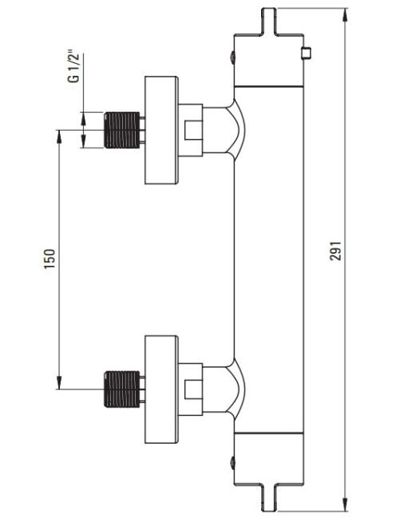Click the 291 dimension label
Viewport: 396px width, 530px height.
tap(336, 251)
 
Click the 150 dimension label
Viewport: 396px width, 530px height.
tap(49, 259)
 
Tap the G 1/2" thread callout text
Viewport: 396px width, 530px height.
tap(73, 66)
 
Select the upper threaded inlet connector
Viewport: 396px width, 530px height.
tap(121, 130)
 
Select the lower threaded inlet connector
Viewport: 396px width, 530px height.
tap(121, 389)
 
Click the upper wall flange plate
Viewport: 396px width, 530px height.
tap(161, 130)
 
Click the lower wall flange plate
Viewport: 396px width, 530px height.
tap(161, 390)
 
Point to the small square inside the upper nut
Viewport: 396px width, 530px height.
tap(193, 130)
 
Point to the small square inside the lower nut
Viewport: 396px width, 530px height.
tap(193, 390)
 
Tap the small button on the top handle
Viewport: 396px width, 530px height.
tap(307, 53)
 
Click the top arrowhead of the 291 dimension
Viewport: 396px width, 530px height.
tap(345, 14)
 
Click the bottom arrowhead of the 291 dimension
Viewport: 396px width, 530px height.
tap(345, 504)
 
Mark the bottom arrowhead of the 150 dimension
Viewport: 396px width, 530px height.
tap(59, 382)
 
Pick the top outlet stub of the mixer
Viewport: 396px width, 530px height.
tap(269, 21)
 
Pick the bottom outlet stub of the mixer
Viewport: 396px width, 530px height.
tap(269, 499)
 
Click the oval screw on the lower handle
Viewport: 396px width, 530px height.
tap(232, 463)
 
